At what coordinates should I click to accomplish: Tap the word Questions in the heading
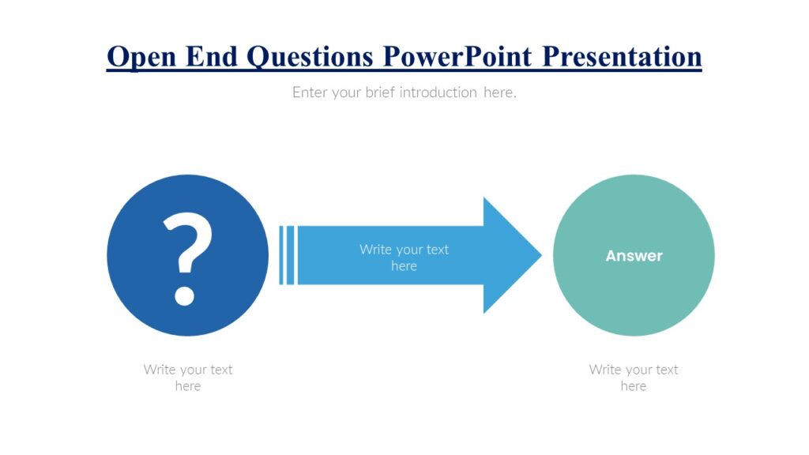coord(310,57)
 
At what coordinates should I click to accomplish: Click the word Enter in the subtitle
coord(309,92)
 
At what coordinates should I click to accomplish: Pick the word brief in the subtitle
coord(380,92)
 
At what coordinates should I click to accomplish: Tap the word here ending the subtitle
coord(499,92)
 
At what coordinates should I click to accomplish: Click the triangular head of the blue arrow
coord(510,255)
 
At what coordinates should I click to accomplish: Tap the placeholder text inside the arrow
coord(404,258)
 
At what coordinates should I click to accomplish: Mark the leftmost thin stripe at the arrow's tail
coord(280,255)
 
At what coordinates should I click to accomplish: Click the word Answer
coord(634,256)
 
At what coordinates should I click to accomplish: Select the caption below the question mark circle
coord(188,378)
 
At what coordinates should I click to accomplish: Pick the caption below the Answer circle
coord(634,378)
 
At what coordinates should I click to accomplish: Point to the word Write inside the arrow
coord(374,250)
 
